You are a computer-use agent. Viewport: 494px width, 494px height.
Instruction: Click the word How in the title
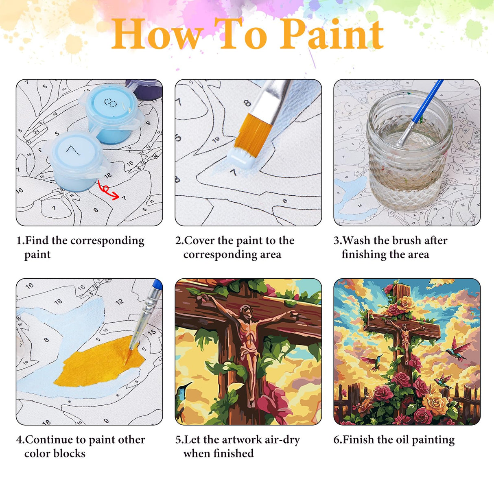click(x=157, y=35)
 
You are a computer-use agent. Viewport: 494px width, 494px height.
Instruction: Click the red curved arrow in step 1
click(x=108, y=191)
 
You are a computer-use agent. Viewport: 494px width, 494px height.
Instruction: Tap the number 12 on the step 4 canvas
click(x=119, y=302)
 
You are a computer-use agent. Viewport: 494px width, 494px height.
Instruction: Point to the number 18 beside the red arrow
click(x=107, y=176)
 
